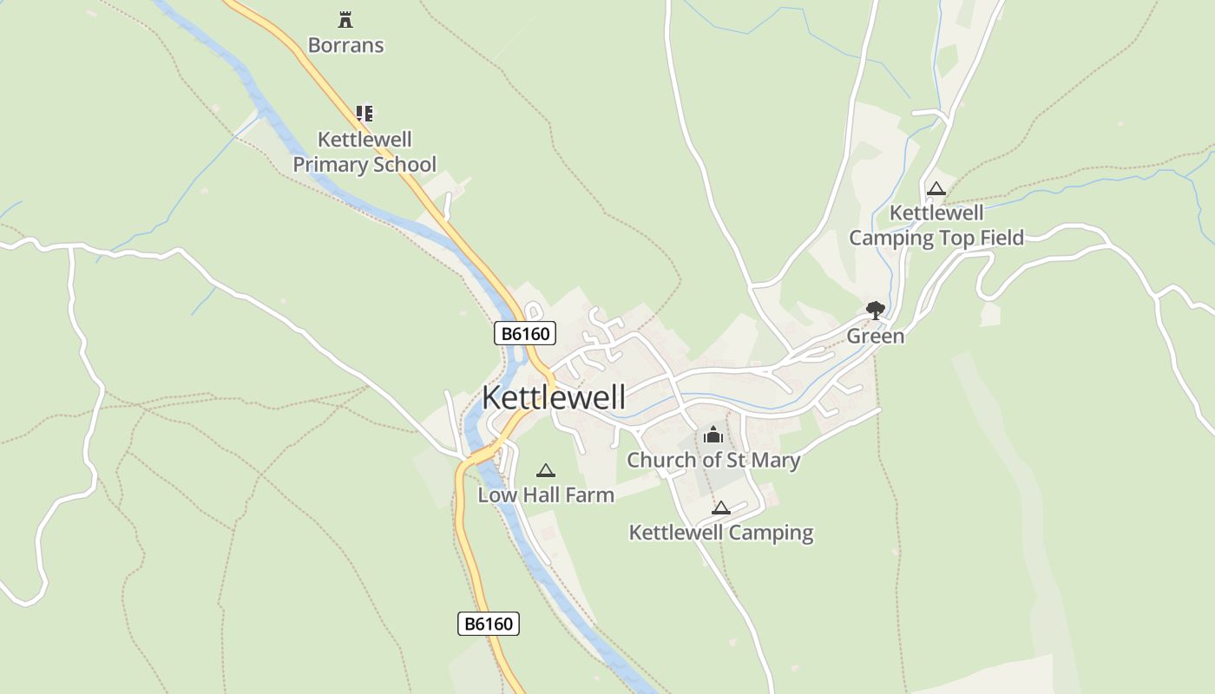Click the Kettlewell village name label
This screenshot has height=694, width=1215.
[x=553, y=397]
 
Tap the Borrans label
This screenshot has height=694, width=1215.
[x=345, y=45]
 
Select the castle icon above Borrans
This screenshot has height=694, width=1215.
[x=345, y=19]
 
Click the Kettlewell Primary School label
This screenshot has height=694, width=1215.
[x=364, y=152]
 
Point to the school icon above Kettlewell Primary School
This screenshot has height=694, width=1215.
[x=364, y=113]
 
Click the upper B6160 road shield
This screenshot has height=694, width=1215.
[x=525, y=333]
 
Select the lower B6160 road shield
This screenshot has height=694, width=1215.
[x=489, y=623]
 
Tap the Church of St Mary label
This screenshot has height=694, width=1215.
[x=713, y=460]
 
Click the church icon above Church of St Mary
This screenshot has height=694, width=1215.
[x=713, y=435]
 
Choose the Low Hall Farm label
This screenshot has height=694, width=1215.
[x=546, y=495]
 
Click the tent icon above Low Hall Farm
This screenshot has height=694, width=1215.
[x=545, y=470]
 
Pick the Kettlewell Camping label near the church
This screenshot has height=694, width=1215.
[x=721, y=533]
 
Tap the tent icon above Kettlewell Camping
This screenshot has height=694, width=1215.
[x=721, y=507]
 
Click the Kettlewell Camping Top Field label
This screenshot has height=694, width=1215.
[x=936, y=226]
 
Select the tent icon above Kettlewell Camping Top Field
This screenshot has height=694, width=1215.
[x=936, y=188]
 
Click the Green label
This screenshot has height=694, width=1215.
[x=875, y=336]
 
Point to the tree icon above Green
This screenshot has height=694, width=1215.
[x=875, y=310]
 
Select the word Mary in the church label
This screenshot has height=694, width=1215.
[x=775, y=460]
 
